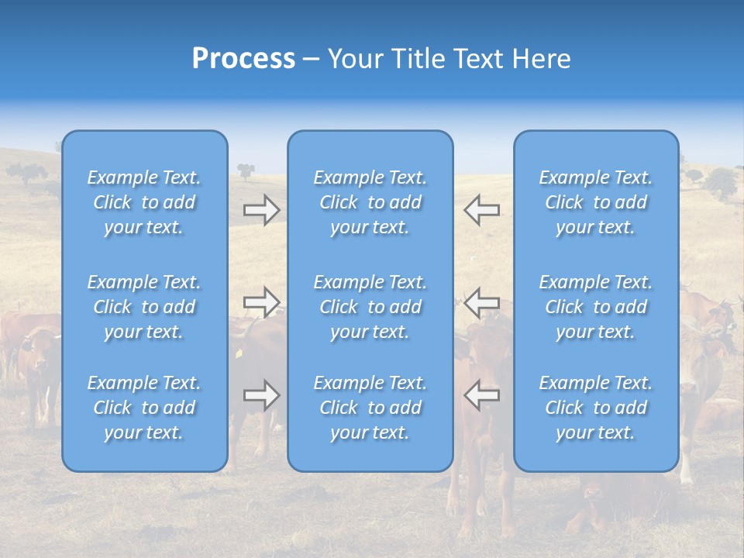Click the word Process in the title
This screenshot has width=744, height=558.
coord(243,59)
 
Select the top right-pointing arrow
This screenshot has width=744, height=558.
coord(261,210)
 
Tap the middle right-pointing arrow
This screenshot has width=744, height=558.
coord(261,301)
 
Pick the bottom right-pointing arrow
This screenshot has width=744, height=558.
coord(261,395)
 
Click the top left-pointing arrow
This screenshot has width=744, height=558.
coord(481,210)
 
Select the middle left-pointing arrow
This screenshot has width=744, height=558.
coord(481,301)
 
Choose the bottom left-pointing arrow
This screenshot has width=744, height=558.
coord(481,395)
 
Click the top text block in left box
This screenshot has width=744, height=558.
coord(144,202)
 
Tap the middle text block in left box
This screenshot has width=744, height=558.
coord(144,307)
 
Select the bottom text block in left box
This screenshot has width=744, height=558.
coord(144,408)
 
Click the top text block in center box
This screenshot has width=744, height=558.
coord(370,202)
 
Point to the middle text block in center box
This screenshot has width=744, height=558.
coord(370,307)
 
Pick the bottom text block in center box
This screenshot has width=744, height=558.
coord(370,408)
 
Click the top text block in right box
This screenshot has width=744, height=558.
coord(595,202)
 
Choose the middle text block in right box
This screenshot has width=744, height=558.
coord(595,307)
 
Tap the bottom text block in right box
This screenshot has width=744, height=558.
coord(595,408)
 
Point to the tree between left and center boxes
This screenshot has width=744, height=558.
coord(246,170)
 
